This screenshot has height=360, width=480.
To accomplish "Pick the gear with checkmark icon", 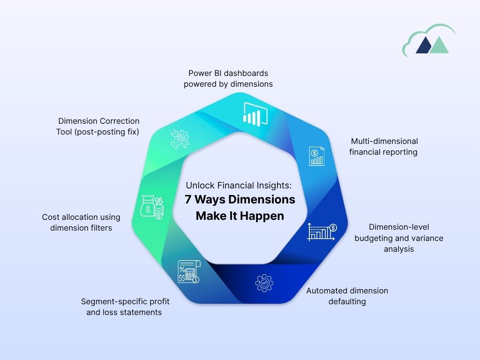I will [x=264, y=284].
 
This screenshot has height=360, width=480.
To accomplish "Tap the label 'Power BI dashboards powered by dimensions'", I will [x=228, y=79].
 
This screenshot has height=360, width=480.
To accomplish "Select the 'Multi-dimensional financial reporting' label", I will [x=383, y=146].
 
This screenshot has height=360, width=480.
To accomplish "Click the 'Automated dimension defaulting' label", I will [x=347, y=296].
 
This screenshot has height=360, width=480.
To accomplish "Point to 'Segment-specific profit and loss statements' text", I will [x=124, y=307].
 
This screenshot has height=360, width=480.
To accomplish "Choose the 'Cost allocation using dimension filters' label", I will [x=81, y=223].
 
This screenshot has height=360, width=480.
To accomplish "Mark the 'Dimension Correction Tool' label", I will [x=98, y=127].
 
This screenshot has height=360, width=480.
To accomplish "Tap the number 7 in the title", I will [x=188, y=200].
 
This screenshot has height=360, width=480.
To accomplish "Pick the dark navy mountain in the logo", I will [x=424, y=46].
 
